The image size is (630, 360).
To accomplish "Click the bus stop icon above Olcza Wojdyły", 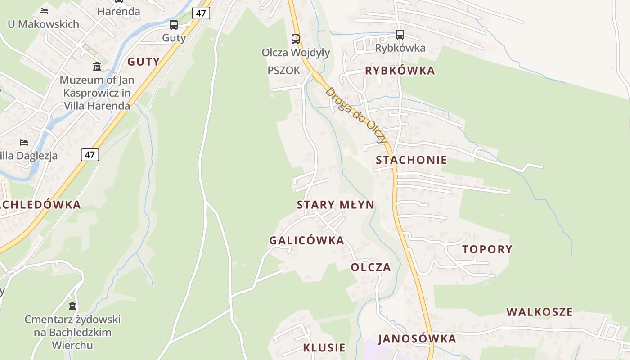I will (296, 39).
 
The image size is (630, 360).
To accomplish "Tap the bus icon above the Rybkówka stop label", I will (400, 35).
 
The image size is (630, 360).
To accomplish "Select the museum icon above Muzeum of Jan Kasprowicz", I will (97, 67).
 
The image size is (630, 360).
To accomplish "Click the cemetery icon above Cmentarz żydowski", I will (72, 306).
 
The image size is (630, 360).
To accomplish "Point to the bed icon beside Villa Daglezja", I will (24, 143).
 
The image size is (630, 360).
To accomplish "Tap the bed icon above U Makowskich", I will (44, 10).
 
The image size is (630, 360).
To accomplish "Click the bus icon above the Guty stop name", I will (174, 25).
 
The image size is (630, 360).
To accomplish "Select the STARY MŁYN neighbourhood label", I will (335, 205).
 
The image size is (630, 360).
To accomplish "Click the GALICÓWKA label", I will (306, 240).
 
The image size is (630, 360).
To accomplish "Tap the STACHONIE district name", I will (411, 160).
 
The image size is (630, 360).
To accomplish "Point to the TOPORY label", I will (487, 249).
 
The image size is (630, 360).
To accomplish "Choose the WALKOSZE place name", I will (540, 312).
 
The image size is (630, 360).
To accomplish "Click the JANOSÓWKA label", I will (417, 339).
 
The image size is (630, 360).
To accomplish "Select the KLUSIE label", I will (324, 347).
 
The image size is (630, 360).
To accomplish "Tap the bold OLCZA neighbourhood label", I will (371, 267).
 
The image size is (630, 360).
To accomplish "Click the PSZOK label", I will (283, 71).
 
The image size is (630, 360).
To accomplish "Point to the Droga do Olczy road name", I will (356, 115).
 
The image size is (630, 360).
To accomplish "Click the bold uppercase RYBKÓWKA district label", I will (400, 71).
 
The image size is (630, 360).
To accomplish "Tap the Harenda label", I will (119, 11).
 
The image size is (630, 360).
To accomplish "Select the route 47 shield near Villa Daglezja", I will (90, 155).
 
